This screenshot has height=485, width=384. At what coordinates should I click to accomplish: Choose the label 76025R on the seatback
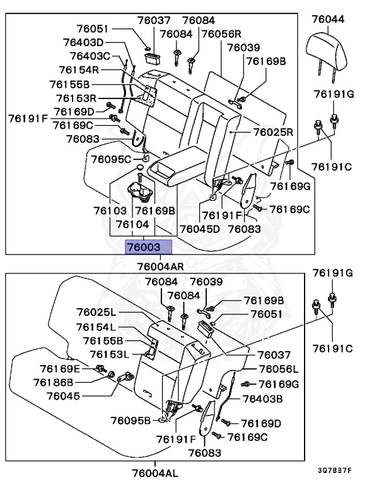pos(274,133)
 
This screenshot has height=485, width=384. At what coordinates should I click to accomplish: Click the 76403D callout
pos(83,42)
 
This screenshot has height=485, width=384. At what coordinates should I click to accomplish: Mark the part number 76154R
pos(79,70)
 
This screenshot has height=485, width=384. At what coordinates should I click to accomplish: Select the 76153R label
pos(76,98)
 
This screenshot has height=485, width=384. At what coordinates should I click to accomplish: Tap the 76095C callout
pos(110,159)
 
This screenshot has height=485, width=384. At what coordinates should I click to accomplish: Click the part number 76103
pos(110,210)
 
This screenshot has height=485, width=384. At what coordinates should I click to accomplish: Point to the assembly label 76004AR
pos(161,265)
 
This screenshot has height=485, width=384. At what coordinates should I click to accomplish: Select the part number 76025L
pos(96,313)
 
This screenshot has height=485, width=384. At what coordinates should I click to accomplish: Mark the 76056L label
pos(278,369)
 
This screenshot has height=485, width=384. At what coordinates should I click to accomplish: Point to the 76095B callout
pos(131,420)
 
